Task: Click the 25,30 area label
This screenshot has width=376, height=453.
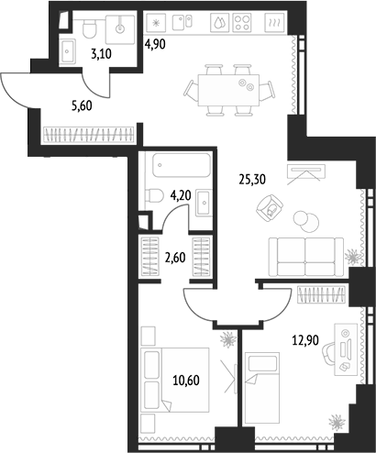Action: (252, 180)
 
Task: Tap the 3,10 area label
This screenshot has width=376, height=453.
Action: (101, 54)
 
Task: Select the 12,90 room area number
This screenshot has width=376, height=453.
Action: (305, 340)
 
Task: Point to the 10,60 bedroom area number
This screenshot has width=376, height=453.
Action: (186, 381)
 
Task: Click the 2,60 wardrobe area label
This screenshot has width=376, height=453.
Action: (175, 258)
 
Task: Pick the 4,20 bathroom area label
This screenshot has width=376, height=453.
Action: (181, 195)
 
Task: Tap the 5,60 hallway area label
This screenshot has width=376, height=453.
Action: (82, 105)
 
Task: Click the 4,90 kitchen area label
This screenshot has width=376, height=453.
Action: (155, 45)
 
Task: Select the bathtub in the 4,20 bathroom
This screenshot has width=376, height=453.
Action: (182, 165)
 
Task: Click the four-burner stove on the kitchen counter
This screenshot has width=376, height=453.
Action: (242, 22)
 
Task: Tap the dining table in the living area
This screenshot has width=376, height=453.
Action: (228, 90)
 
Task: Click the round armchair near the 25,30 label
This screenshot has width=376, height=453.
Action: (270, 208)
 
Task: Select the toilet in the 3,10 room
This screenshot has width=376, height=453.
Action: (89, 28)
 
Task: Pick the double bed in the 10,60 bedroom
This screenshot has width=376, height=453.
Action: (175, 380)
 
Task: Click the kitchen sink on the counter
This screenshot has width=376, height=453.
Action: (182, 23)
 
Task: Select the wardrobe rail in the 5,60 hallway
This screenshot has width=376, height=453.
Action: (89, 135)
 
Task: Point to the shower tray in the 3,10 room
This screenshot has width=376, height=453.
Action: (120, 29)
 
